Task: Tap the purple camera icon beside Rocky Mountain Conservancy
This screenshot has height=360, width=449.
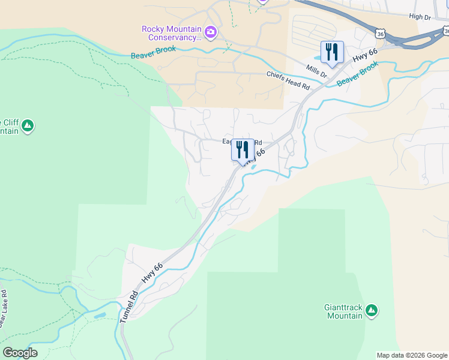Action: click(x=211, y=32)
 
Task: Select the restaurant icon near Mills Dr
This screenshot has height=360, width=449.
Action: click(x=333, y=52)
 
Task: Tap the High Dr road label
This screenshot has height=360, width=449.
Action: click(x=420, y=18)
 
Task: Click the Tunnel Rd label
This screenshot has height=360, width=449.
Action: click(x=129, y=307)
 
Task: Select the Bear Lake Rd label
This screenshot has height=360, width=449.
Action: click(x=3, y=310)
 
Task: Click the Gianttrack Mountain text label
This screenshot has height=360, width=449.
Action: click(x=343, y=311)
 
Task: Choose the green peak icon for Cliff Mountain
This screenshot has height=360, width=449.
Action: click(x=28, y=126)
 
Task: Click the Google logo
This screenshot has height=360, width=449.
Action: click(x=20, y=353)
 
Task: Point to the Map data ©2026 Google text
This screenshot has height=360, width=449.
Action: click(x=412, y=355)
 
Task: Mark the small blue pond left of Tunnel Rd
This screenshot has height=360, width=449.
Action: click(x=100, y=315)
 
